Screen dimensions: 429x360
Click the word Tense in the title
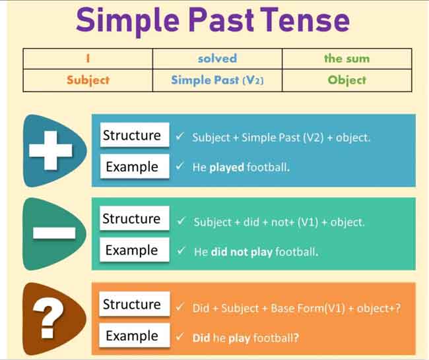[305, 20]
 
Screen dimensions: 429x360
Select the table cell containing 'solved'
[217, 59]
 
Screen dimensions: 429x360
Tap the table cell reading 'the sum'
[346, 59]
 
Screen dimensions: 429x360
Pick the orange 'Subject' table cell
[88, 80]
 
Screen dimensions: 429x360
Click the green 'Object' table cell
[346, 80]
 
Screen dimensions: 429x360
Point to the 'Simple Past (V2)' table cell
[217, 80]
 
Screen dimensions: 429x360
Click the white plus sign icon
[51, 150]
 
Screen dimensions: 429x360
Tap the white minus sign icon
[54, 233]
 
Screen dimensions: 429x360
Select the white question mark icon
[48, 318]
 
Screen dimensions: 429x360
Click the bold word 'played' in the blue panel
[226, 167]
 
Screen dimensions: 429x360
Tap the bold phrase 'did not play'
[242, 252]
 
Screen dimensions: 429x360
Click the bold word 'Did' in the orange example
[201, 338]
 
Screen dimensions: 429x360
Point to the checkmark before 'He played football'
[180, 166]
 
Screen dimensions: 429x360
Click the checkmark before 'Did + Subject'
[180, 307]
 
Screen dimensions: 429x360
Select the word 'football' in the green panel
[297, 252]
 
